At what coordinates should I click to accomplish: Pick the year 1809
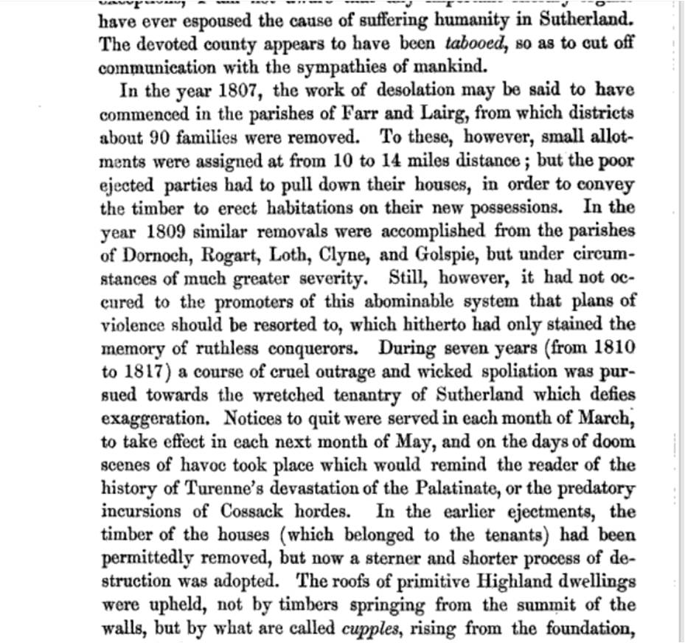160,232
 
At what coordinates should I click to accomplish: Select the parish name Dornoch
150,255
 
